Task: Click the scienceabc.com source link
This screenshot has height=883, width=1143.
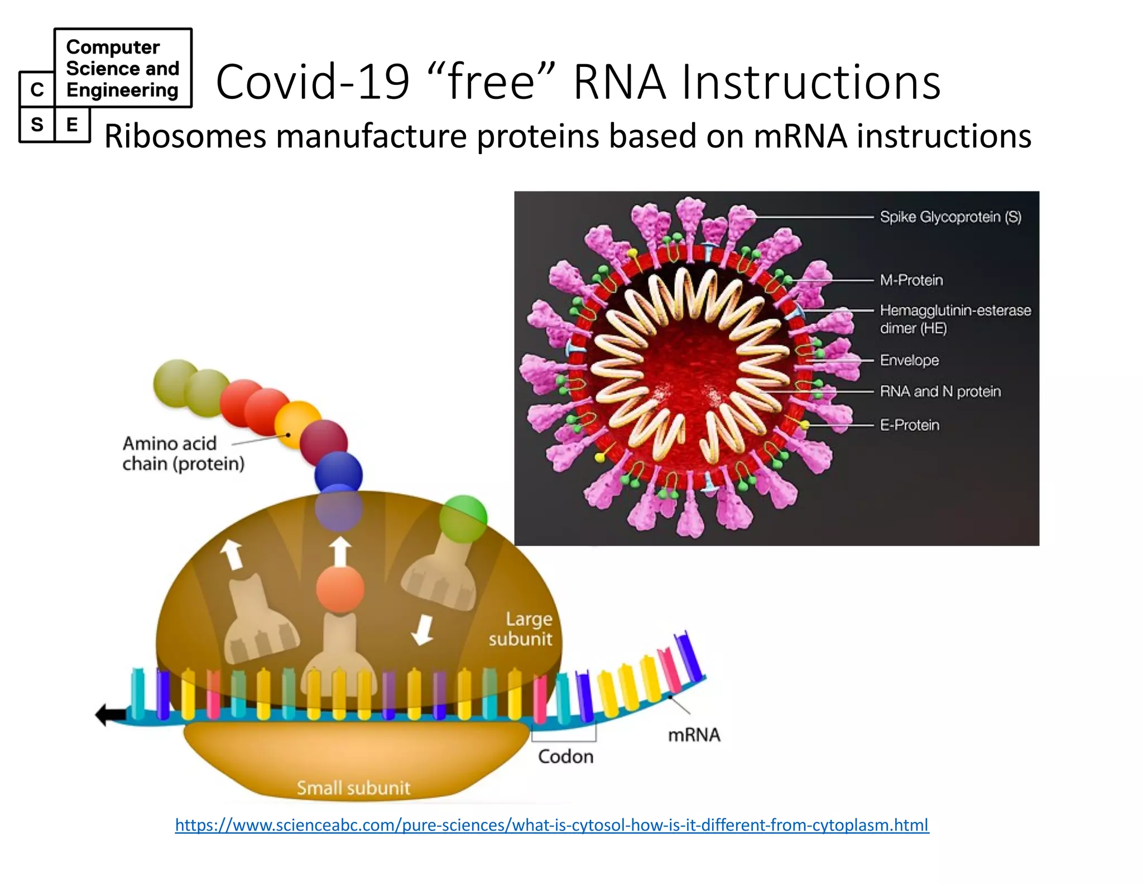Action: pos(551,824)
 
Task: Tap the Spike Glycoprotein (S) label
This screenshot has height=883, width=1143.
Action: pos(950,217)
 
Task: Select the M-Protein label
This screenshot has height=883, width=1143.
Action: pos(911,280)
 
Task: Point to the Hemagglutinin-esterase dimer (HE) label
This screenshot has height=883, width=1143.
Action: pos(955,319)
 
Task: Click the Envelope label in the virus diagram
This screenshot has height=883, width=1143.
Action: pos(909,361)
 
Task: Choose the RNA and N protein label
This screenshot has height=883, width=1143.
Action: pos(940,392)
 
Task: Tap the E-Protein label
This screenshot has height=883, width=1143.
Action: pos(910,425)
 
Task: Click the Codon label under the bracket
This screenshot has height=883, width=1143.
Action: pos(565,757)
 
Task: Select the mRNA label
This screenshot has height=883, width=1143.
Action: pos(694,735)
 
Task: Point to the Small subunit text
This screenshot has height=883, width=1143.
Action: pos(353,788)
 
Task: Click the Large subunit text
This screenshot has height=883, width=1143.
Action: pos(521,629)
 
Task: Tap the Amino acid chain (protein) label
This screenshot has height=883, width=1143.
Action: pos(183,454)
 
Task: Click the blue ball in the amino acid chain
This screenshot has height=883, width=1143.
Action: pos(338,474)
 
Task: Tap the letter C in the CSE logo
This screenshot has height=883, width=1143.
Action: pos(37,89)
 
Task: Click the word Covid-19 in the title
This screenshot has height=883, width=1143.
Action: pos(313,82)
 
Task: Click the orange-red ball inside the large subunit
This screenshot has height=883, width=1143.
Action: pos(340,589)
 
